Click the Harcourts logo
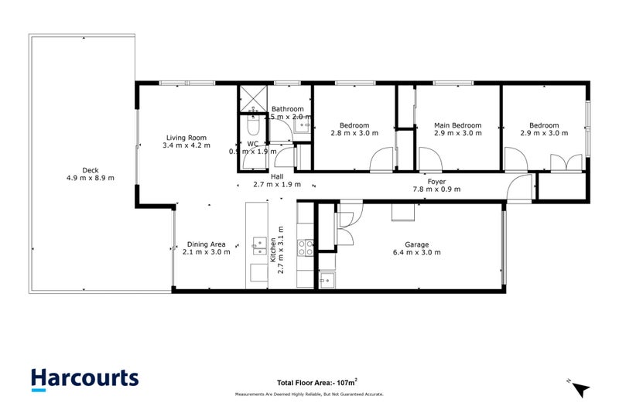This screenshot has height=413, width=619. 85,378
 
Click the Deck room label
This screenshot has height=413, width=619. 91,175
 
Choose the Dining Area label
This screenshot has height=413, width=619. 204,247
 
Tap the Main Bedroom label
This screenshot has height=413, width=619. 457,129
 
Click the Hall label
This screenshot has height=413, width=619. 276,181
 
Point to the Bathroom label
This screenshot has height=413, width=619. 287,113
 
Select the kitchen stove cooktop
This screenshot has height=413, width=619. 306,247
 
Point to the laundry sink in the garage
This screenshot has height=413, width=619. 328,278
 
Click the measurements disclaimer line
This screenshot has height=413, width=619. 309,394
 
